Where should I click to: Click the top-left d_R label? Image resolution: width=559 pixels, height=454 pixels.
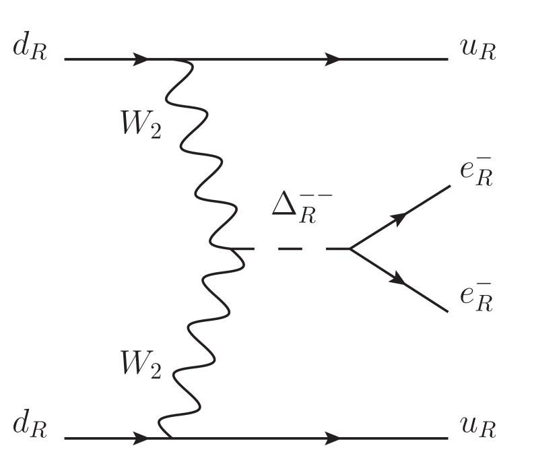29,51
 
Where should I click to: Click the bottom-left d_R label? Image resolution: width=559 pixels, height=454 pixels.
29,428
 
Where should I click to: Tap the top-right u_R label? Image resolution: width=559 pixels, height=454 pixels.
478,51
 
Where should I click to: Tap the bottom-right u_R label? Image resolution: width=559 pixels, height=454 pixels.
478,428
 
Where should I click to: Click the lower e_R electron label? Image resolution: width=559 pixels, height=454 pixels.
477,299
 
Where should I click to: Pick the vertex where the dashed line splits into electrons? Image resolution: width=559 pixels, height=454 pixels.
349,249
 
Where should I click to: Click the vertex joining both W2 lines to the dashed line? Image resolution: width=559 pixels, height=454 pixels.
229,249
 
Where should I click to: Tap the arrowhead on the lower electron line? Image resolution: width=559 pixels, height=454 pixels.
399,281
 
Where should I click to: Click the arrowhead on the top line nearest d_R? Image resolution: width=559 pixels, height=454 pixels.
141,59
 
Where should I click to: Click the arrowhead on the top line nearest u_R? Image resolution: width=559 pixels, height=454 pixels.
332,59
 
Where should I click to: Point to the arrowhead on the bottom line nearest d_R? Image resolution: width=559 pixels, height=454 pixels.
141,438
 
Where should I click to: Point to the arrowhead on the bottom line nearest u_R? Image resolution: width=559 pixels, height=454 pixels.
332,438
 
